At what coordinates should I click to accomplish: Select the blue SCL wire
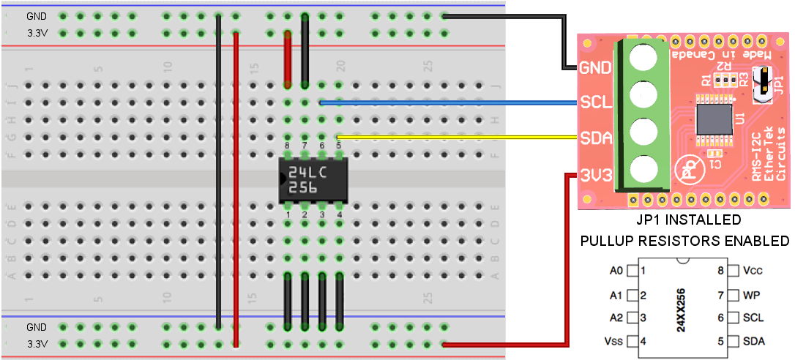click(x=447, y=103)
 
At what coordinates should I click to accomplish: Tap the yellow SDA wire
click(x=454, y=137)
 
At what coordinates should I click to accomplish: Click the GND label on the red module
click(x=595, y=68)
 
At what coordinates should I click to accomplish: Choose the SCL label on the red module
click(x=595, y=103)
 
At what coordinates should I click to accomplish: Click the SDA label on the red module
click(x=595, y=138)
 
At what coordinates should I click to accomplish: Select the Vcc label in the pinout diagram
click(x=753, y=270)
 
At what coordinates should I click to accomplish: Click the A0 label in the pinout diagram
click(x=616, y=271)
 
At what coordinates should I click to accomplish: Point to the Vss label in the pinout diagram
click(x=616, y=341)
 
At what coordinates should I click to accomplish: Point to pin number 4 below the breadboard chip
click(x=339, y=214)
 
